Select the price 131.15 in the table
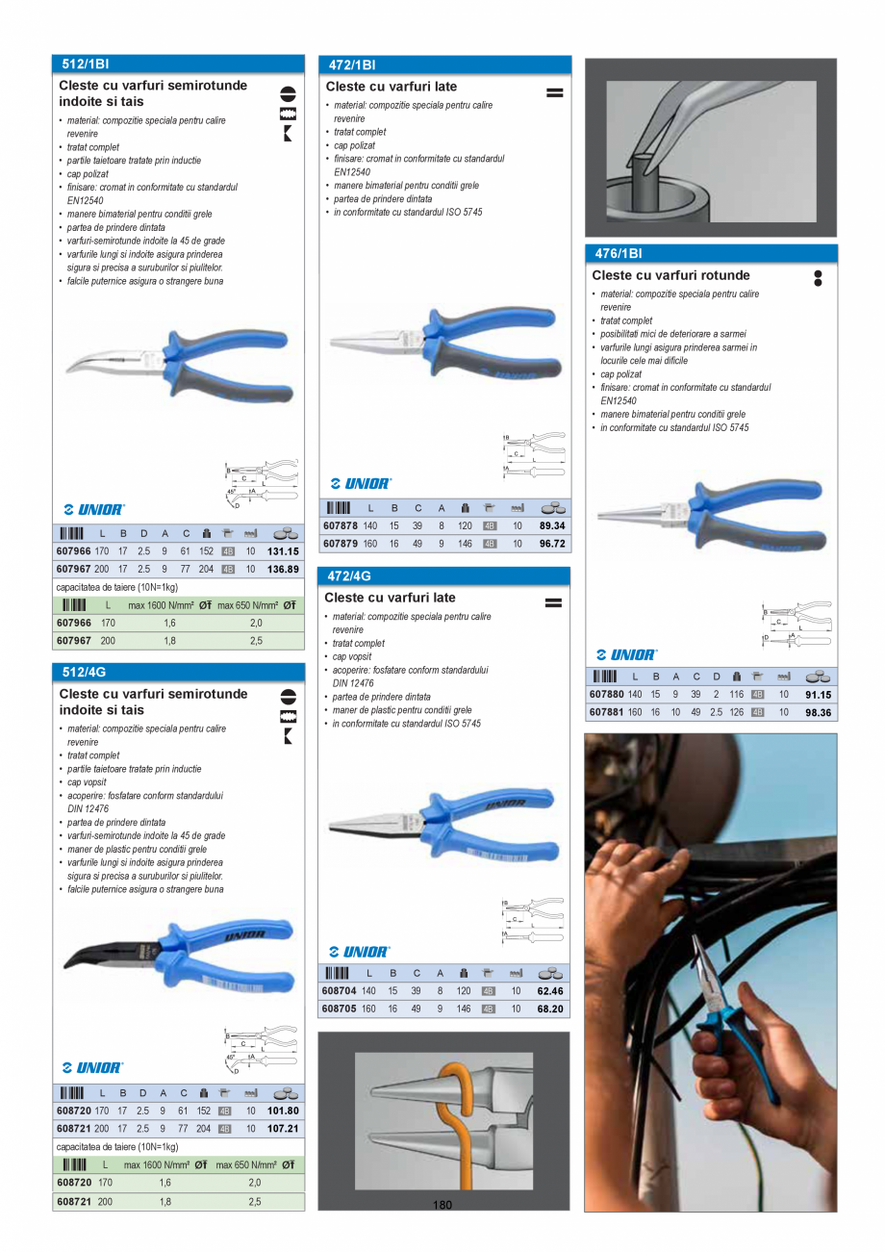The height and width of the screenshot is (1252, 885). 283,551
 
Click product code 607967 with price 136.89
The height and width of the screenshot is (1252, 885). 73,569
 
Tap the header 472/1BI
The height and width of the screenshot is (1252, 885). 352,65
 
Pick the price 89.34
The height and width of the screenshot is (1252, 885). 551,526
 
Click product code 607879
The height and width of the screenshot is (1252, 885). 340,544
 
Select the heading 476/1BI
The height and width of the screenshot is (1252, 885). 619,254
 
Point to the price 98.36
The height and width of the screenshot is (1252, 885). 818,712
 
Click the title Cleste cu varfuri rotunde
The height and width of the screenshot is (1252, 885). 670,275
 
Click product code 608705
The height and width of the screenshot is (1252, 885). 340,1009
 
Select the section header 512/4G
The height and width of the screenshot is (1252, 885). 83,673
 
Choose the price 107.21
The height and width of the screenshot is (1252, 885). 283,1128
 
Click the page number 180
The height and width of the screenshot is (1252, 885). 442,1205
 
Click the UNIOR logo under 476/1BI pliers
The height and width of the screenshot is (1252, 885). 627,654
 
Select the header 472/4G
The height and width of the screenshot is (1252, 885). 349,576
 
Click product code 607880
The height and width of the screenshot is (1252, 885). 606,694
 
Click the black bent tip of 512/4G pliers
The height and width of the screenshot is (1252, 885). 91,954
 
